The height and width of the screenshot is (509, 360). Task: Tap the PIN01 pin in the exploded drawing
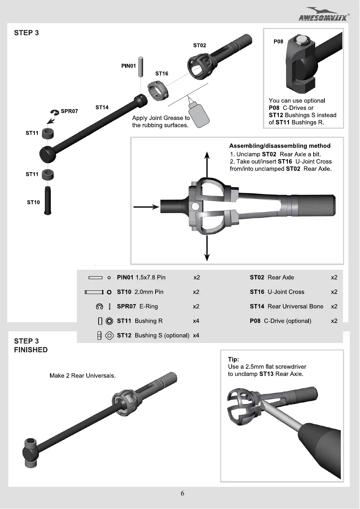click(x=141, y=67)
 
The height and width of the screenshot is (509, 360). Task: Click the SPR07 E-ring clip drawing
click(x=54, y=112)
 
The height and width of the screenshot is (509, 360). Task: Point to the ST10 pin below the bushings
click(x=48, y=200)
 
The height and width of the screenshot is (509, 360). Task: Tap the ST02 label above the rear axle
click(x=199, y=45)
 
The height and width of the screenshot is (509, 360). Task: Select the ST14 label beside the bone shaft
click(x=102, y=107)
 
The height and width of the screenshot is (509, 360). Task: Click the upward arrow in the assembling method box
click(x=207, y=165)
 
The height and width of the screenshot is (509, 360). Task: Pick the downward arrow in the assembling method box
click(x=207, y=248)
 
